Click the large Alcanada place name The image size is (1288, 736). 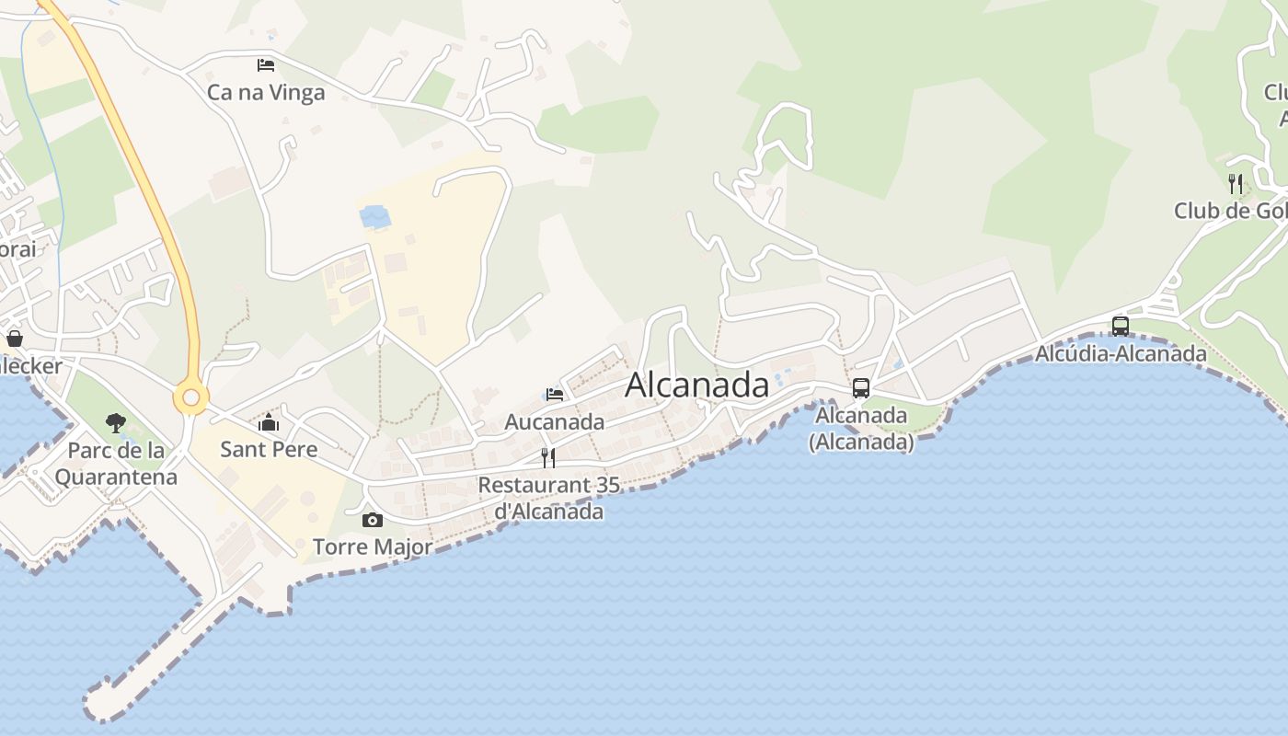point(696,385)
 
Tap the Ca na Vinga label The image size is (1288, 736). point(266,92)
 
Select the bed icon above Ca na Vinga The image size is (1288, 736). point(266,64)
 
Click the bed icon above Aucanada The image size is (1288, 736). point(555,394)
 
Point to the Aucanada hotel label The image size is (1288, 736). point(555,422)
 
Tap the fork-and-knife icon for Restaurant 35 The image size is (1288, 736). point(548,457)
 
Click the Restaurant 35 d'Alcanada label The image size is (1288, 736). point(549,498)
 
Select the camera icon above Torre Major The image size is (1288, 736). point(373,520)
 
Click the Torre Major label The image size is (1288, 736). point(373,546)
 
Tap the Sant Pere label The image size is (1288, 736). point(269,449)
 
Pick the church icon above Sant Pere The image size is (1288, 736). point(269,422)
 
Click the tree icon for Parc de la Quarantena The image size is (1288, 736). point(115,423)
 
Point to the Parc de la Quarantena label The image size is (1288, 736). point(115,464)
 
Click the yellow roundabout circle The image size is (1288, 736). point(191,398)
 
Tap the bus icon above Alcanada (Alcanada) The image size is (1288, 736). point(861,388)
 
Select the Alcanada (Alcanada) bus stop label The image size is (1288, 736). point(861,429)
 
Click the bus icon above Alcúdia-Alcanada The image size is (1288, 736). point(1121,326)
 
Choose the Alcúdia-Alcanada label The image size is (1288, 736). point(1121,353)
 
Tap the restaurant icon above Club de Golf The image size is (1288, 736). point(1236,184)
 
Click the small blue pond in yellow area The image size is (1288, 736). point(375,217)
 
